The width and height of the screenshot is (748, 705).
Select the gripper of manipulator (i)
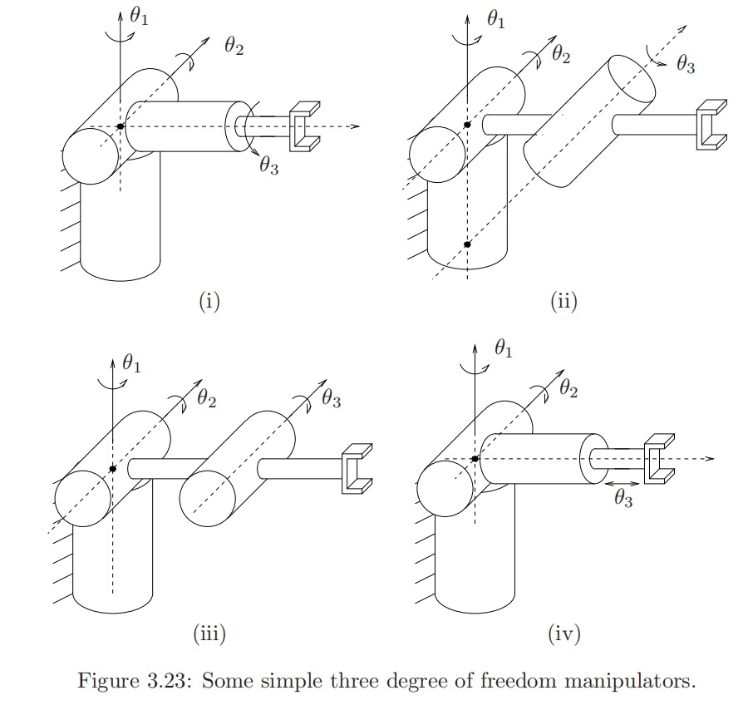304,126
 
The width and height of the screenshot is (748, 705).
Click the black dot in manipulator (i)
121,126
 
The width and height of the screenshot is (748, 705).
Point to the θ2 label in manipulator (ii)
562,55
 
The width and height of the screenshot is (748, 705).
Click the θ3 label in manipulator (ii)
685,65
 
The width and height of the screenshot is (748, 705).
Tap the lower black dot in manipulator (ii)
467,244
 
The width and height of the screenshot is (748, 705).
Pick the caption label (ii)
563,301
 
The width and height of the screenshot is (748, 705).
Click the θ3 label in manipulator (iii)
330,399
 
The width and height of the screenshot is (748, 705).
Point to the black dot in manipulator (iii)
111,469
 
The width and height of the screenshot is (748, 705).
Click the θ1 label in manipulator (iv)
503,350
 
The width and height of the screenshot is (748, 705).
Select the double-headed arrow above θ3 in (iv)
623,482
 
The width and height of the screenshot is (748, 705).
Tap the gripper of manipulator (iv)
660,457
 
